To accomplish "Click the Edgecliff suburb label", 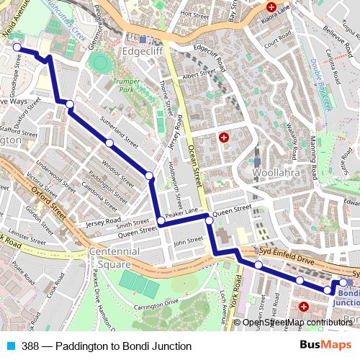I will coord(146,52).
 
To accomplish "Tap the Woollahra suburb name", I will coord(276,174).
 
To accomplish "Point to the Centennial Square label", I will coord(114,258).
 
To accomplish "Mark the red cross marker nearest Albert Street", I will coord(224,137).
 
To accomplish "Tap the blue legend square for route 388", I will coord(9,346).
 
